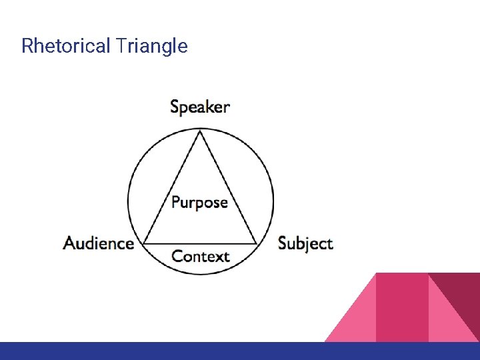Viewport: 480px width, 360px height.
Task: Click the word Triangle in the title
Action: pos(151,46)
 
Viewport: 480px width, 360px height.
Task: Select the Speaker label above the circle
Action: pos(200,107)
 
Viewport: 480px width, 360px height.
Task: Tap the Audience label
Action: pos(99,243)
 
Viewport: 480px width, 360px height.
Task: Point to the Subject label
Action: pos(305,243)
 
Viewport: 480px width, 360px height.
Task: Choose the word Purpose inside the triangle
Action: pos(199,203)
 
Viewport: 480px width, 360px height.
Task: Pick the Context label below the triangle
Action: pos(200,257)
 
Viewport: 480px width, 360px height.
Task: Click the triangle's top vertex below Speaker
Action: pos(200,131)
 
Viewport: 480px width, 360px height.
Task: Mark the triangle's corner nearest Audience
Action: pos(145,243)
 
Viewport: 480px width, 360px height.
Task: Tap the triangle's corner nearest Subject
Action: pos(257,243)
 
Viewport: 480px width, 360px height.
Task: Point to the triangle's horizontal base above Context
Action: pos(200,243)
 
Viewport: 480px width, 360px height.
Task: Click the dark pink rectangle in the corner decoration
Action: pos(402,307)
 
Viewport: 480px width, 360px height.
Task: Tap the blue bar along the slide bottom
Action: pos(240,351)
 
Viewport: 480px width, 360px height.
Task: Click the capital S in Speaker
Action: pos(175,107)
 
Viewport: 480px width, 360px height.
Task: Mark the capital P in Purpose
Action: pos(176,203)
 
